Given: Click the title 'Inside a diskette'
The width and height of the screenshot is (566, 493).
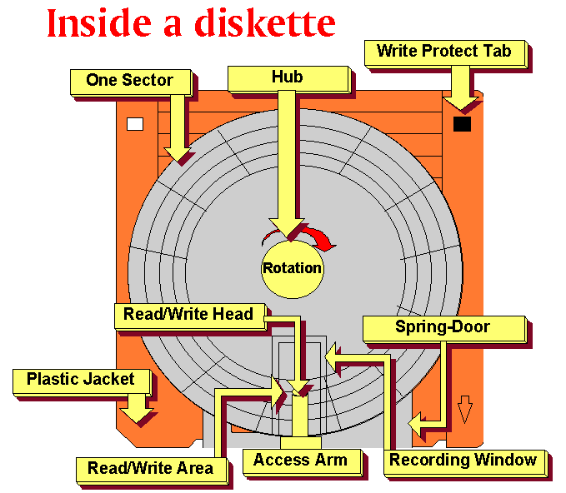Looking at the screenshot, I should coord(191,22).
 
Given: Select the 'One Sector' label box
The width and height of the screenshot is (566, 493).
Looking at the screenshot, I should coord(129,81).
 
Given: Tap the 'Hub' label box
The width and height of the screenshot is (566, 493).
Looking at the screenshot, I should coord(287,77).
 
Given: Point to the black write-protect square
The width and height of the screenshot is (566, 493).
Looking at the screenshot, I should coord(462,124).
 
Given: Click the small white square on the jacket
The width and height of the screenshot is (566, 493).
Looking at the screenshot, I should coord(134,124).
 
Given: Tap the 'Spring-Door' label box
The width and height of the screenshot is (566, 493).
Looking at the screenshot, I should coord(443,327).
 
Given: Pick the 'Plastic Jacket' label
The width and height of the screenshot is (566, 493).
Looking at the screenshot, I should coord(81,380).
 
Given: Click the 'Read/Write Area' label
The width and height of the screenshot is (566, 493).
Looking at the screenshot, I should coord(150,468).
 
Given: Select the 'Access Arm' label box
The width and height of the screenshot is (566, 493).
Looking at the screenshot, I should coord(294,461).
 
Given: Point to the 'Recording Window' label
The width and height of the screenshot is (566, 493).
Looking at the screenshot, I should coord(463,461).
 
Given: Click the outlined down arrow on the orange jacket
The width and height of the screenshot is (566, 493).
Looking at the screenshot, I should coord(464,410).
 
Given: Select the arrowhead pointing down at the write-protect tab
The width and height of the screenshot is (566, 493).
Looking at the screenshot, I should coord(461,102).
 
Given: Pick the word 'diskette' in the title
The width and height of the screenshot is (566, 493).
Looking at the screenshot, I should coord(265,22).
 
